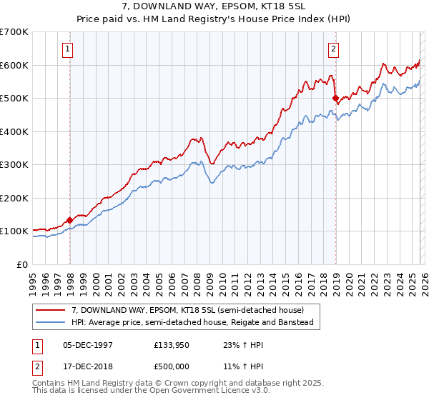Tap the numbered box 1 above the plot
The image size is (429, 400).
click(67, 49)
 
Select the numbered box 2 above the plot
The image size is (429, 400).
click(333, 49)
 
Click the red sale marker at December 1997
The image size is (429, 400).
click(69, 220)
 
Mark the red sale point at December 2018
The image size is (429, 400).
click(335, 99)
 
